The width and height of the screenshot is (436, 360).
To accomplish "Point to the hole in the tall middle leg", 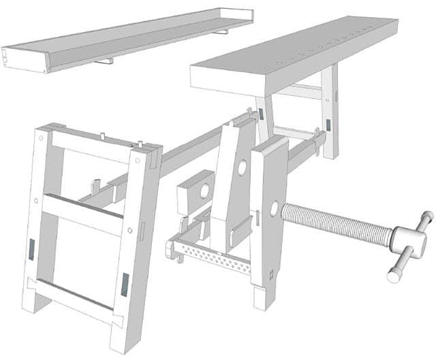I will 242,167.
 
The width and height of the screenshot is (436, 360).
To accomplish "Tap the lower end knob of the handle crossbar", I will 393,276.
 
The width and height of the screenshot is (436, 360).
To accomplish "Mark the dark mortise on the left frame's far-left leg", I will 31,248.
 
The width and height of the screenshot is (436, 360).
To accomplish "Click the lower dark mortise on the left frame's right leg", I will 125,284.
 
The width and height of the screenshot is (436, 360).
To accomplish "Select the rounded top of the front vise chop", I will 272,145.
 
